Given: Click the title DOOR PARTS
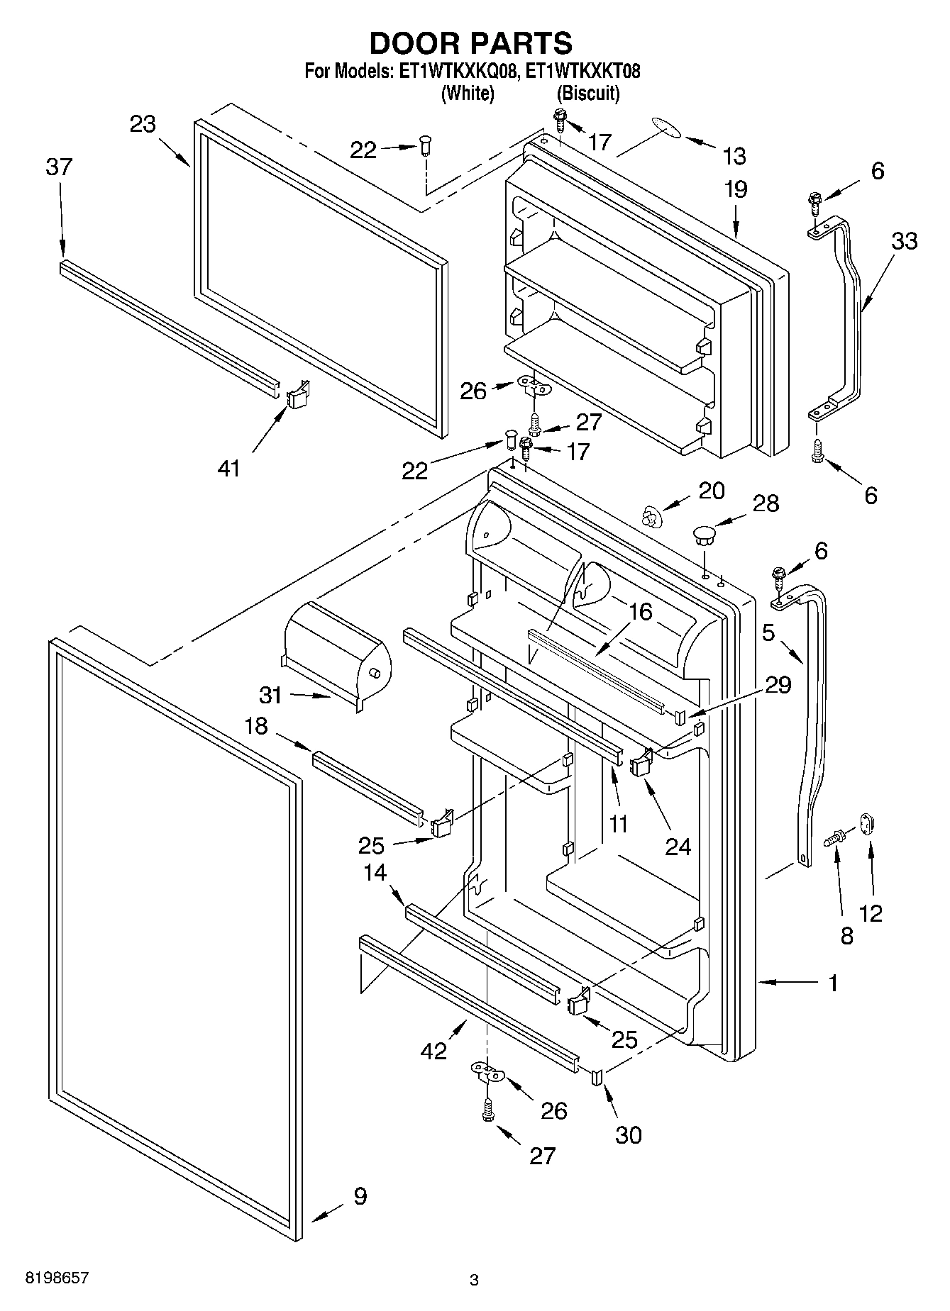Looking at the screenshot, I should [470, 43].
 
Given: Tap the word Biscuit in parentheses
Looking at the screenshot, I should [588, 93].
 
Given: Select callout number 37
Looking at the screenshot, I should [59, 167].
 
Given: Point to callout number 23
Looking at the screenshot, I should [143, 124].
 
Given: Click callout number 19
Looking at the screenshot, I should [736, 189].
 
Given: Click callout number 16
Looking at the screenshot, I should [640, 611].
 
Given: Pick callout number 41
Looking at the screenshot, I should [228, 468].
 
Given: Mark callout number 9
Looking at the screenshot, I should [360, 1197].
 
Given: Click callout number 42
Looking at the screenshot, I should [433, 1050].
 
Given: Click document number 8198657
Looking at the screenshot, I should [57, 1278].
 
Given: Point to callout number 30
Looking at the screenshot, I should [628, 1135].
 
